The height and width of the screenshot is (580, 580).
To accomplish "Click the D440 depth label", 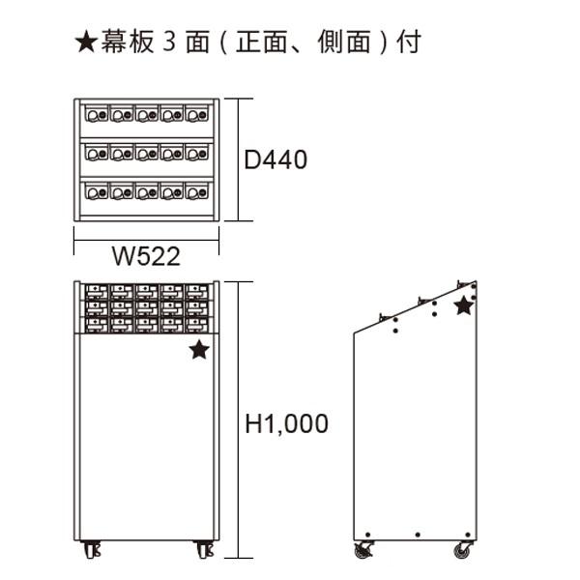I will coord(275,159).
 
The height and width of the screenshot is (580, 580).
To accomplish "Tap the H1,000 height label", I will coord(286,423).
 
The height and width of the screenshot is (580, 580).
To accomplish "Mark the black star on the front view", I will coord(198,350).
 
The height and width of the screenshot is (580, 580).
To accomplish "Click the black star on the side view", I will coord(464,305).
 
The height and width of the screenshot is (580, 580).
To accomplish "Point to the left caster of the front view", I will coord(92,549).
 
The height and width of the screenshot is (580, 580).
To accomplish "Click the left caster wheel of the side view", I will coord(364,550).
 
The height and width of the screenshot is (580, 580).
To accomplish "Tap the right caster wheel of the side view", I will coord(460,550).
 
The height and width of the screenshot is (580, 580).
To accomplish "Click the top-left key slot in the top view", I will coord(96,115).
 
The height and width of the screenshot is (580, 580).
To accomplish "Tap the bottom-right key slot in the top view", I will coord(197,190).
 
